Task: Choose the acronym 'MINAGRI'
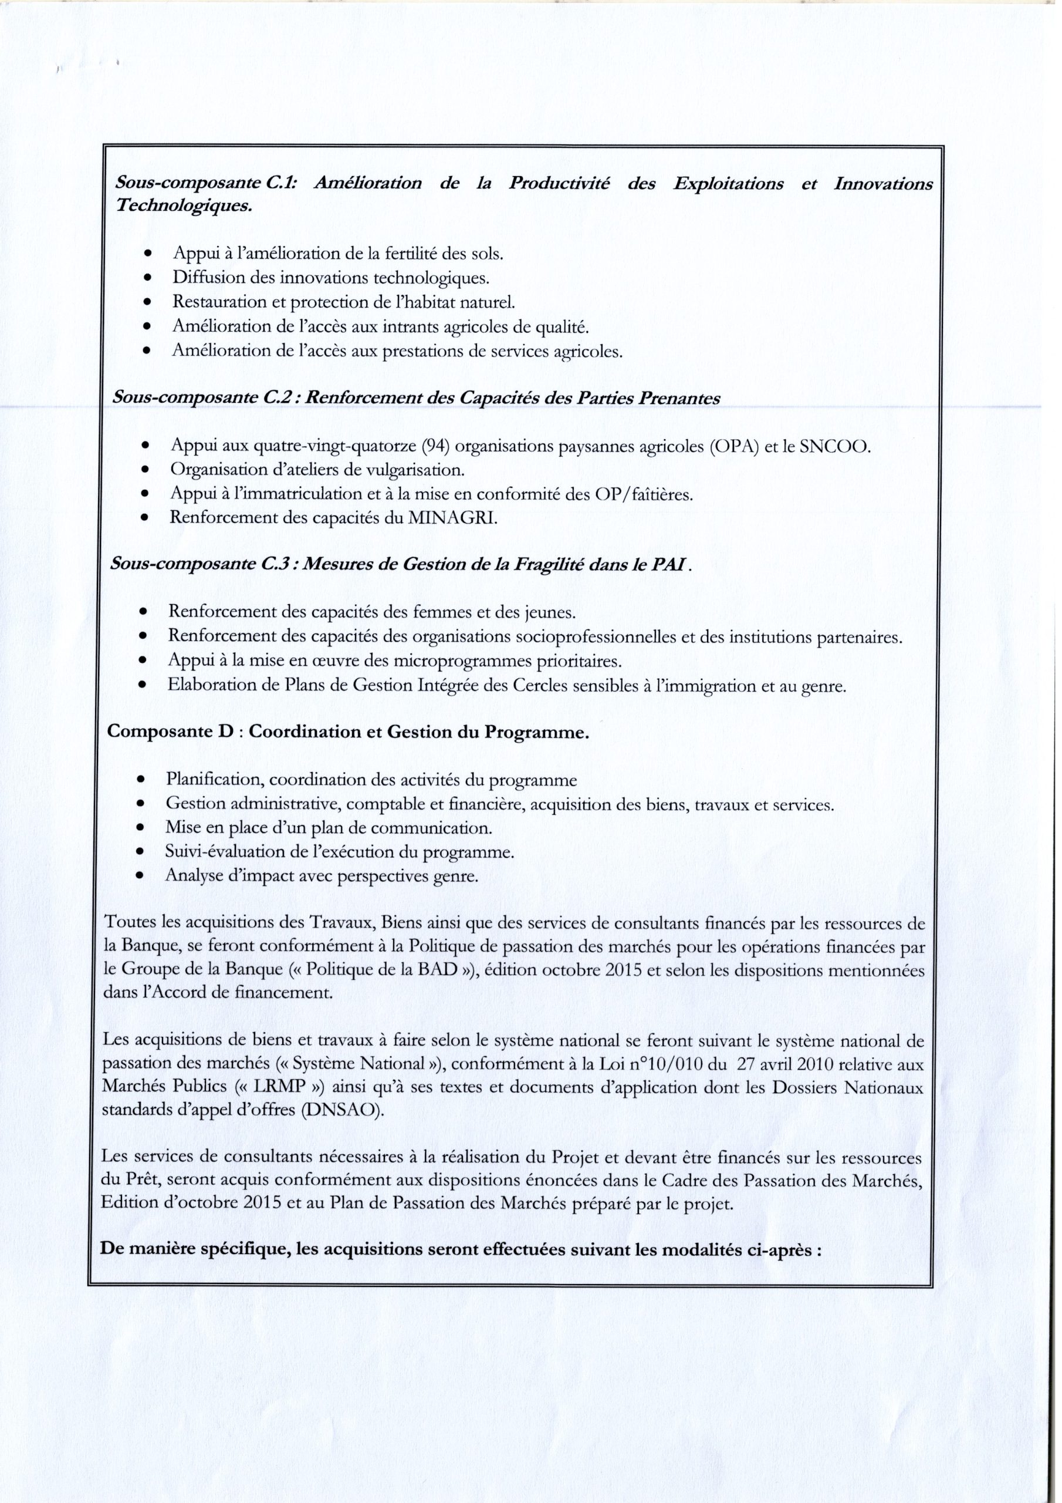point(452,518)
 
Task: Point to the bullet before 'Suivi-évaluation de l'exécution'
point(140,852)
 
